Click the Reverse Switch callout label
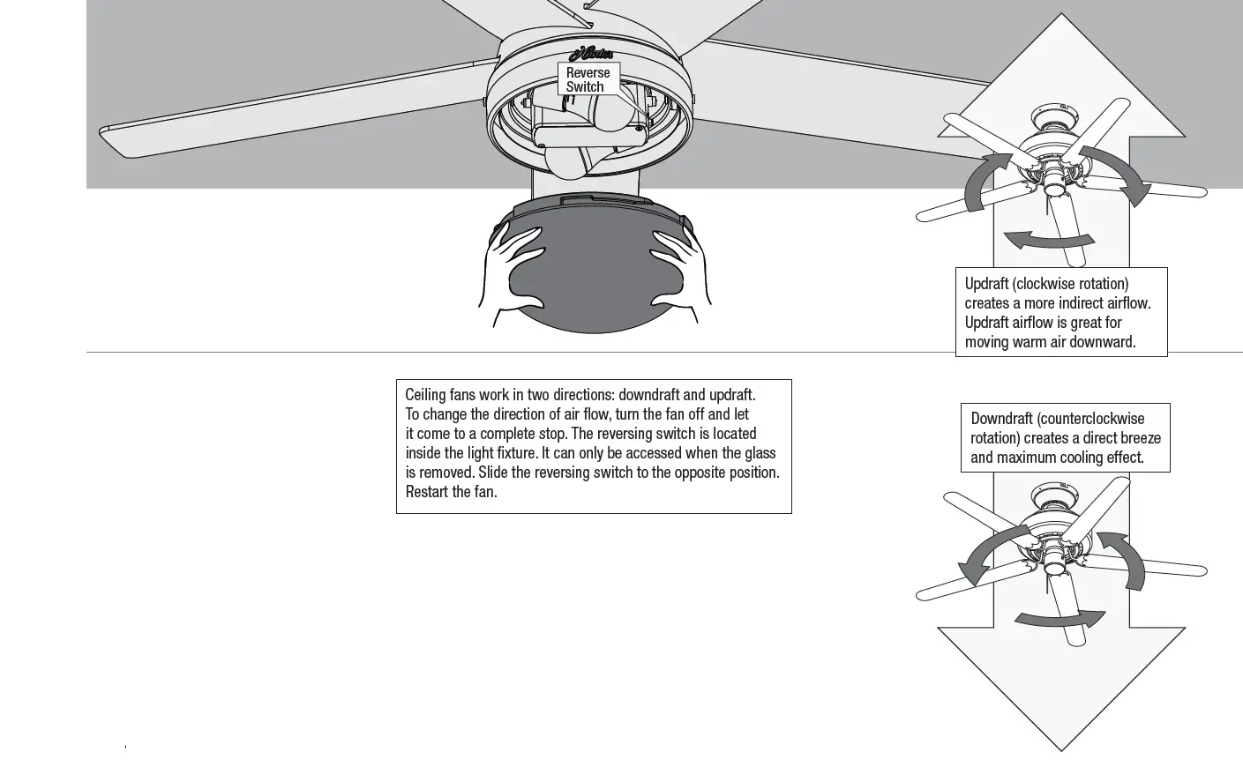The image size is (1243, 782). [588, 79]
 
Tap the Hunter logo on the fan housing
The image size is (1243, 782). [596, 53]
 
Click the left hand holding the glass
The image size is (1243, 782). [510, 264]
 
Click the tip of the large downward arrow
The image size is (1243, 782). [1060, 748]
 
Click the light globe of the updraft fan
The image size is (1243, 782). [1053, 187]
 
